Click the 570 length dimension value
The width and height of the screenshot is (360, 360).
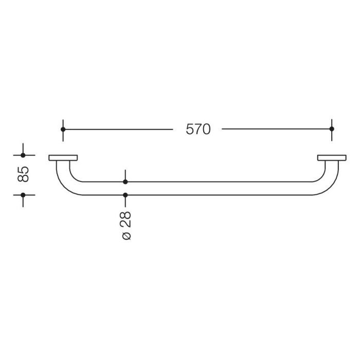(198, 130)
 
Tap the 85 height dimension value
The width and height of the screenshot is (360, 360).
(23, 174)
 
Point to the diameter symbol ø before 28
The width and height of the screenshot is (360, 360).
(126, 236)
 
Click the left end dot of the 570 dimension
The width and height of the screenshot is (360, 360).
(63, 129)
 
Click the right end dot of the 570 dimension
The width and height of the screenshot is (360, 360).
(332, 129)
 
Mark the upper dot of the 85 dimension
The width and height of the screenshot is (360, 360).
(23, 155)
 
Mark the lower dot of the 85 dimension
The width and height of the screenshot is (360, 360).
(23, 195)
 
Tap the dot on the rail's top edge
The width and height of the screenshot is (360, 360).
(125, 182)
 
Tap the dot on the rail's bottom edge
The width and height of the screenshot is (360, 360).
(125, 195)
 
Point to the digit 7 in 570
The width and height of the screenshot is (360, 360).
(198, 130)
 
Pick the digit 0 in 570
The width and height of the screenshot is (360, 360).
(206, 130)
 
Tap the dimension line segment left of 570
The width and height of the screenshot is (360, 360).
(118, 129)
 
